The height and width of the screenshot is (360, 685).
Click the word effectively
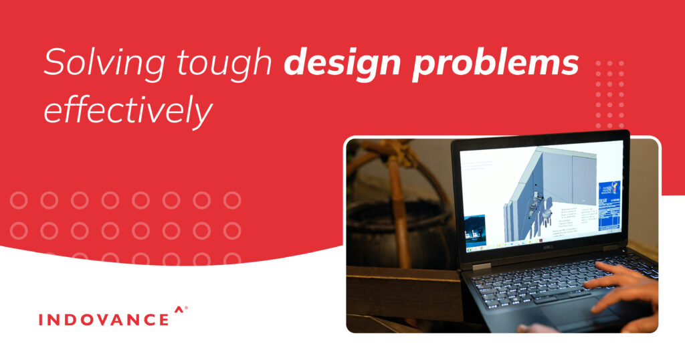point(127,110)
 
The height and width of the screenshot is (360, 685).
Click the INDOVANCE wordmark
point(104,319)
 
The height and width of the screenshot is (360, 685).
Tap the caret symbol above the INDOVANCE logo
point(178,309)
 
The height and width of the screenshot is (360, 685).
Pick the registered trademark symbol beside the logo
point(186,308)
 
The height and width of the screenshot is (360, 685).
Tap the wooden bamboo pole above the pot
point(396,194)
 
